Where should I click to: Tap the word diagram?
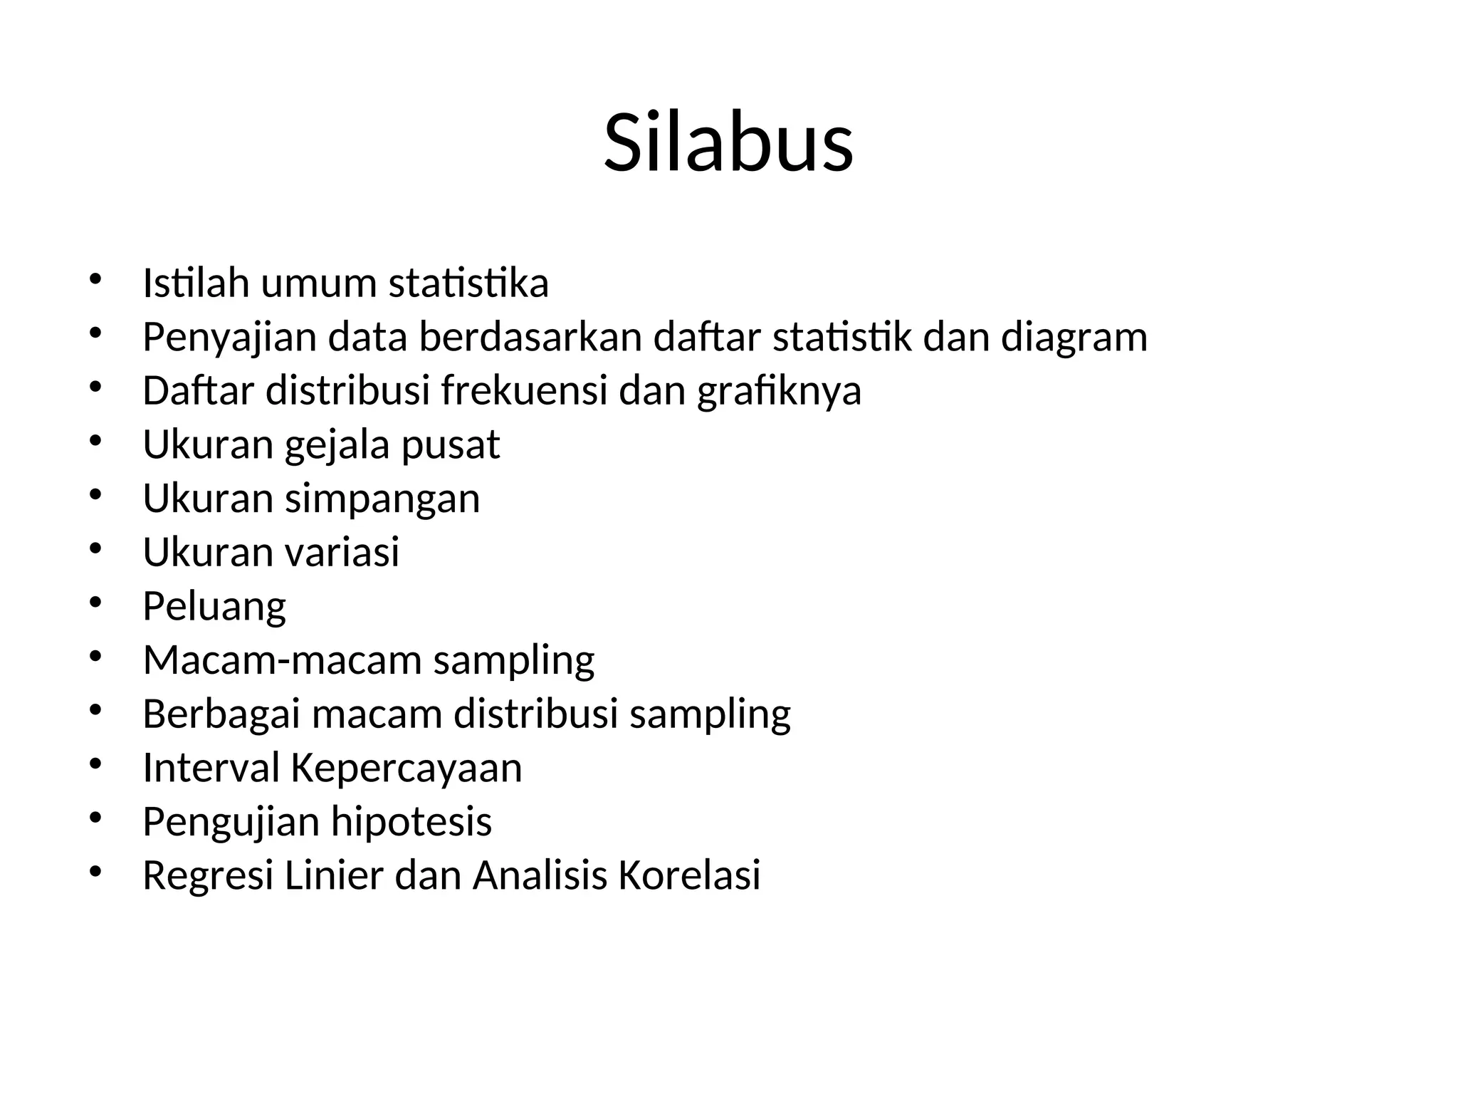1074,338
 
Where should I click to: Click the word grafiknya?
779,391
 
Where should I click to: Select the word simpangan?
382,499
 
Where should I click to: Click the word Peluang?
214,607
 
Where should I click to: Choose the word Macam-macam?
283,660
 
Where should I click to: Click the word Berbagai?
221,714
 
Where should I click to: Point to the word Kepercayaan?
407,768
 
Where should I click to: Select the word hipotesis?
411,822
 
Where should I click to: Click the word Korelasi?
689,875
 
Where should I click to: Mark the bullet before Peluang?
96,603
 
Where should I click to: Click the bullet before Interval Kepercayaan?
96,765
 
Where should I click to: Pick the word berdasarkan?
530,338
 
